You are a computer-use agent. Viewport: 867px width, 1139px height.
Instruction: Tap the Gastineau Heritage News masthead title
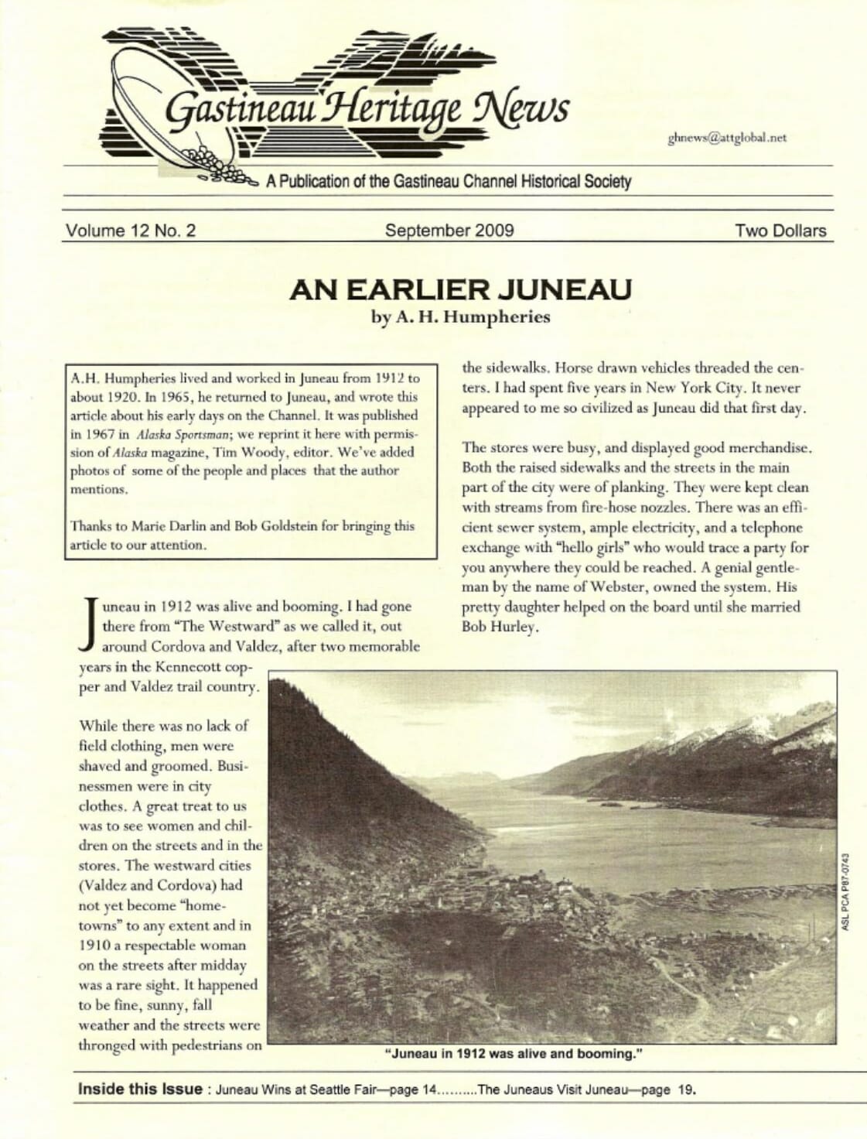pos(367,110)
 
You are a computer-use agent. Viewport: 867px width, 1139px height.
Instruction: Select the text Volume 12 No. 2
pos(131,231)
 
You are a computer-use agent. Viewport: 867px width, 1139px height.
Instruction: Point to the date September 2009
pos(449,231)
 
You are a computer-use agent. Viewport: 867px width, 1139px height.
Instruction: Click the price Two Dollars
pos(780,231)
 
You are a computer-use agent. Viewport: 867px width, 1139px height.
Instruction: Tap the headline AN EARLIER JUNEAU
pos(460,290)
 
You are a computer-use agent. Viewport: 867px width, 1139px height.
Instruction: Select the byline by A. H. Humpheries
pos(461,316)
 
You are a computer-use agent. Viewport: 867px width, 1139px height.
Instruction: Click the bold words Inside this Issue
pos(140,1089)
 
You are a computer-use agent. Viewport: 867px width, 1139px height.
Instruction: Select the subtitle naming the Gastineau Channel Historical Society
pos(449,182)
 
